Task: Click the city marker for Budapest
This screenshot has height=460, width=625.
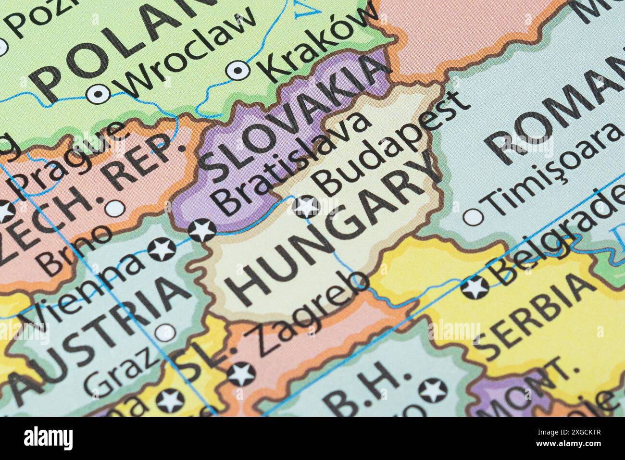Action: coord(306,207)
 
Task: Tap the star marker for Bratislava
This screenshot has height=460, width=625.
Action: coord(202,230)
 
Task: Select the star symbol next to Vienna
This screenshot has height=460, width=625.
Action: coord(162,249)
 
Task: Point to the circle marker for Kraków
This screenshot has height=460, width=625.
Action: coord(237,70)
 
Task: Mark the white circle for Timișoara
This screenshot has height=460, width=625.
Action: coord(473,217)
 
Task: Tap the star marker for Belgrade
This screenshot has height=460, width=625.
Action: coord(475,287)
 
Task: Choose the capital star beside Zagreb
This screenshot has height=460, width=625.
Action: coord(241,374)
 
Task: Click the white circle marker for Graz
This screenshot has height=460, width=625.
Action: coord(165,332)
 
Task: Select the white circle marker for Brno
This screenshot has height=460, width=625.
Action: coord(114,208)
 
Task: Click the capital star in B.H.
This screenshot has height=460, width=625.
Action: coord(432,390)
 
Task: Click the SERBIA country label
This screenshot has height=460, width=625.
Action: coord(534,317)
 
